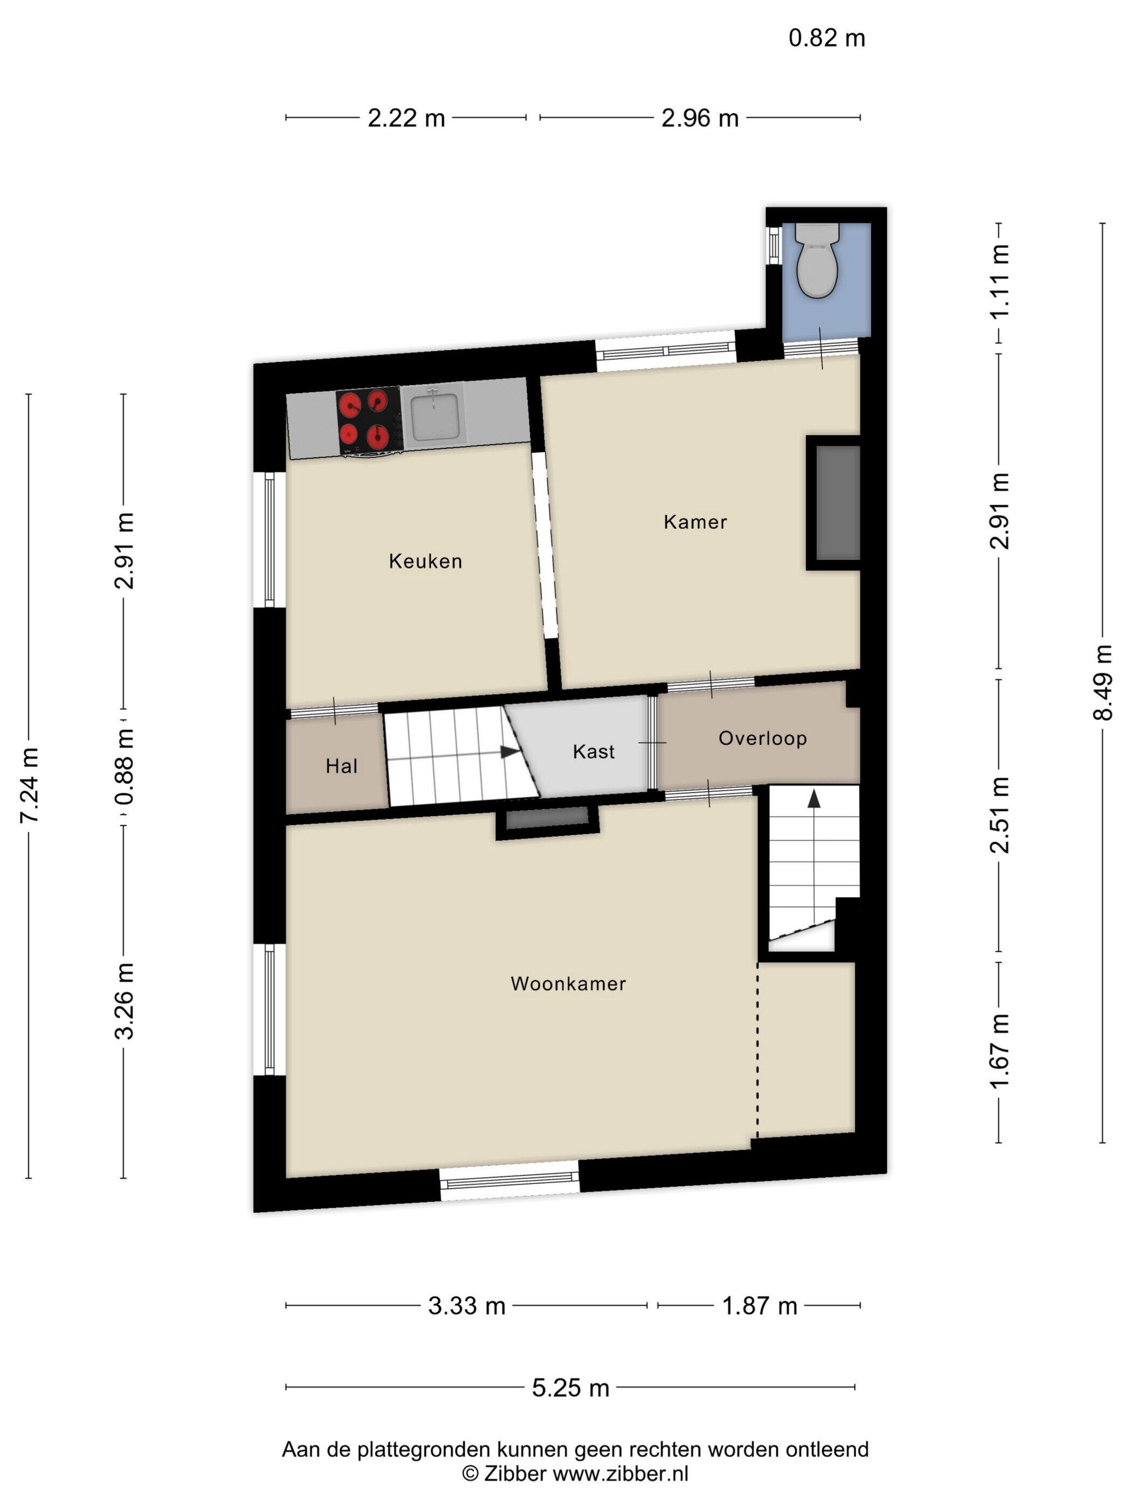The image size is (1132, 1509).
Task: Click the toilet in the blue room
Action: tap(816, 261)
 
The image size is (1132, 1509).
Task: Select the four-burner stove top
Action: tap(369, 419)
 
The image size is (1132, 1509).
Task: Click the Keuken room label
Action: tap(425, 561)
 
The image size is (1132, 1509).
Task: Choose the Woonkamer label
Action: tap(568, 983)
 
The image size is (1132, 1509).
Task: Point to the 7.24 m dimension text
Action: tap(29, 785)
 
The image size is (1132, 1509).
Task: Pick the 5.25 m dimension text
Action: tap(570, 1388)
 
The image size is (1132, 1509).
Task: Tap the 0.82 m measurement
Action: tap(826, 38)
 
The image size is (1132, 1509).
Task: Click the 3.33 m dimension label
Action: tap(466, 1306)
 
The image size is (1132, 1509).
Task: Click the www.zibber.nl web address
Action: tap(620, 1473)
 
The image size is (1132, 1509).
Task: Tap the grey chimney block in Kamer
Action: tap(837, 503)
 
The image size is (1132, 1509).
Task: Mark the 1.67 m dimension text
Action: tap(999, 1051)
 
